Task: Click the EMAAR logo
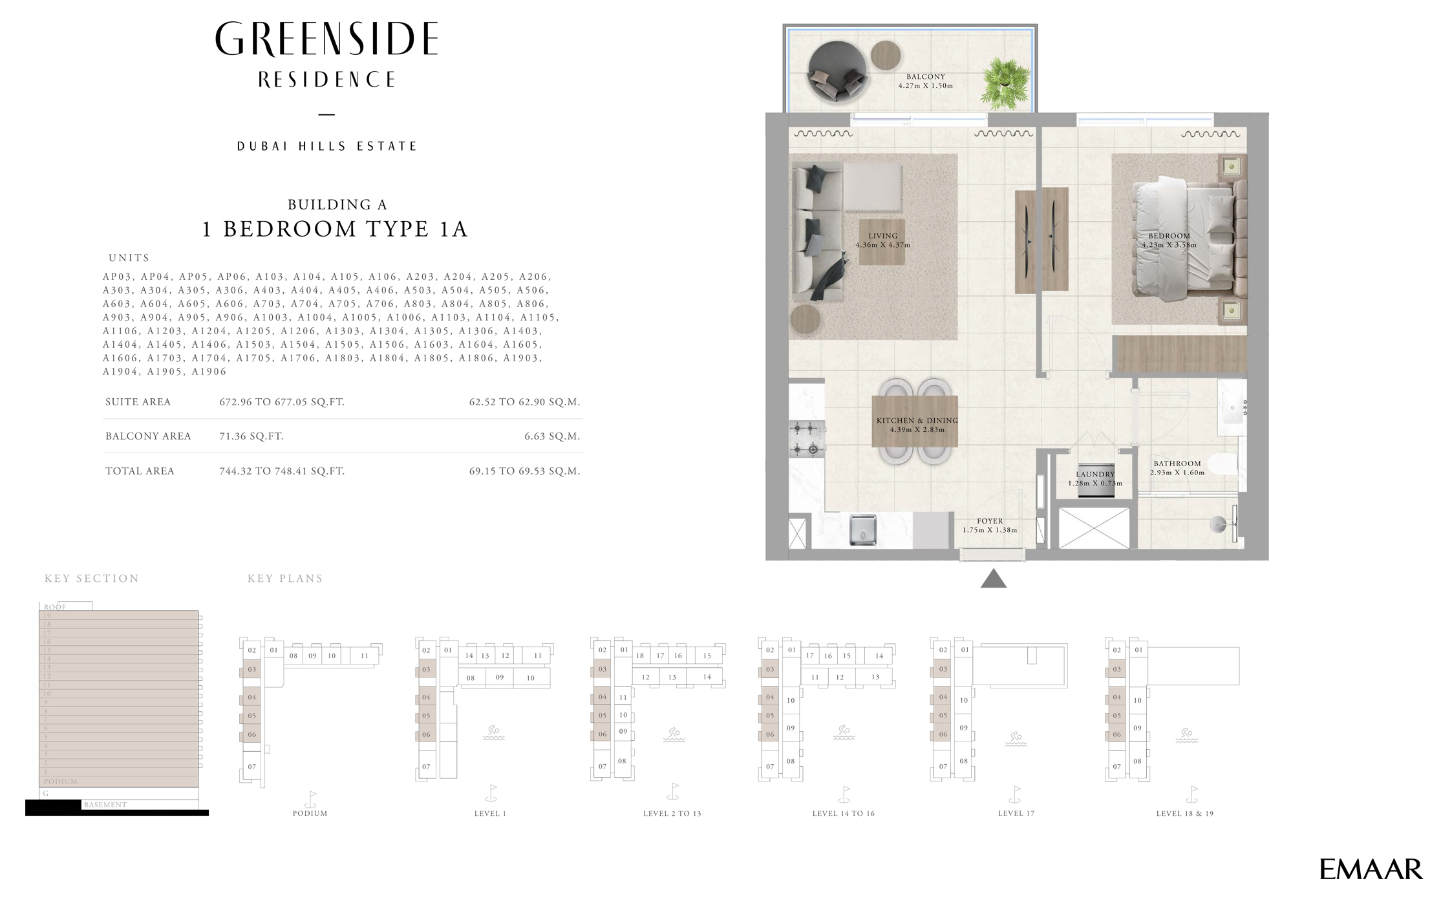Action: (1371, 869)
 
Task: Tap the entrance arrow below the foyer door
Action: (993, 579)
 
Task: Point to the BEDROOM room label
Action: (1169, 236)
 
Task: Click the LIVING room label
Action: (882, 236)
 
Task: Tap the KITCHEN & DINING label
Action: (917, 421)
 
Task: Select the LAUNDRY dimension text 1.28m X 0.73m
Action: (1094, 484)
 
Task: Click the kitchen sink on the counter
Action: (862, 530)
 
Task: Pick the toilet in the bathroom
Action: (1222, 464)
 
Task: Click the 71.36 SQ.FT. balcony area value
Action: (251, 436)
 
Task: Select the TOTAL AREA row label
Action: (140, 471)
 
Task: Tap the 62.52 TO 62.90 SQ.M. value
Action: (524, 402)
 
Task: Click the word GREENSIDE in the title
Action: (326, 40)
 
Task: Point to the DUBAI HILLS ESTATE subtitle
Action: (326, 147)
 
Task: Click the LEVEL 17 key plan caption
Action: (1016, 813)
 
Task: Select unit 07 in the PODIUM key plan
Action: (251, 767)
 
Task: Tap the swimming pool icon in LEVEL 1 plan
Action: (493, 733)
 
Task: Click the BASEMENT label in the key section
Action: (105, 805)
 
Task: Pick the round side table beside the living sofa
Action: (805, 319)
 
